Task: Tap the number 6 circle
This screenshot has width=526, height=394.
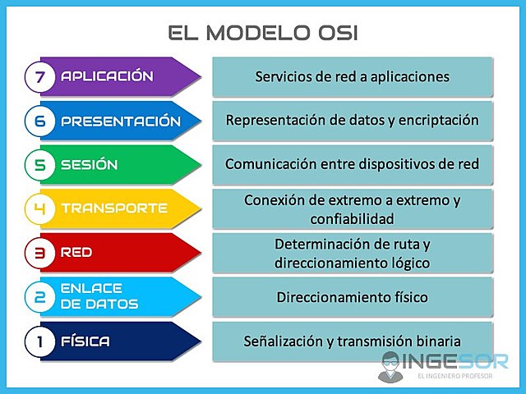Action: (39, 121)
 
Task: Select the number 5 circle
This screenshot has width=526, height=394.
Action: (39, 164)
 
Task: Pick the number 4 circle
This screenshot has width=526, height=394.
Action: (39, 208)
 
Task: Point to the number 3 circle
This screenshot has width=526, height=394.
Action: (39, 253)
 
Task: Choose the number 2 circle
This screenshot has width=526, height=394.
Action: (39, 297)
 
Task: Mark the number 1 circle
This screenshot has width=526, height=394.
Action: (39, 341)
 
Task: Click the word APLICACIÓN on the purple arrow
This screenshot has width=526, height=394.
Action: (107, 76)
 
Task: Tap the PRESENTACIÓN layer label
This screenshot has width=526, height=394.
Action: (120, 121)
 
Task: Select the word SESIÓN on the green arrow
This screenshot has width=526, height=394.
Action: (89, 165)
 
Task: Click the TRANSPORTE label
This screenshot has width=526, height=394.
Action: (113, 208)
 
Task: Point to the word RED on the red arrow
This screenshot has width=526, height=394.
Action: (76, 253)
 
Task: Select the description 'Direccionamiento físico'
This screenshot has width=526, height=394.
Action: (352, 297)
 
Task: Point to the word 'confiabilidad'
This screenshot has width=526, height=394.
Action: (352, 219)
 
